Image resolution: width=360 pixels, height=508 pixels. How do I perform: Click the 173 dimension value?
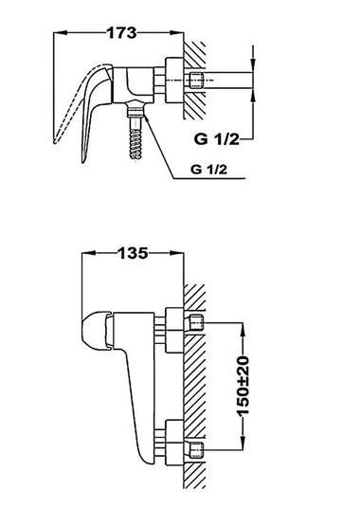point(121,33)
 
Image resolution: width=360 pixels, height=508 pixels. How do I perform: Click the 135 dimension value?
point(134,253)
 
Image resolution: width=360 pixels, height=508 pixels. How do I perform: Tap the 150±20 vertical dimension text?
point(243,386)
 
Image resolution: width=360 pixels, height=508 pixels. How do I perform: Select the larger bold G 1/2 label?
point(217,139)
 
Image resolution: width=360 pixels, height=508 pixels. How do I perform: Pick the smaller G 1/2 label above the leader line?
point(208,169)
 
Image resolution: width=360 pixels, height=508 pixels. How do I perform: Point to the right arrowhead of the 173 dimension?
point(177,32)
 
